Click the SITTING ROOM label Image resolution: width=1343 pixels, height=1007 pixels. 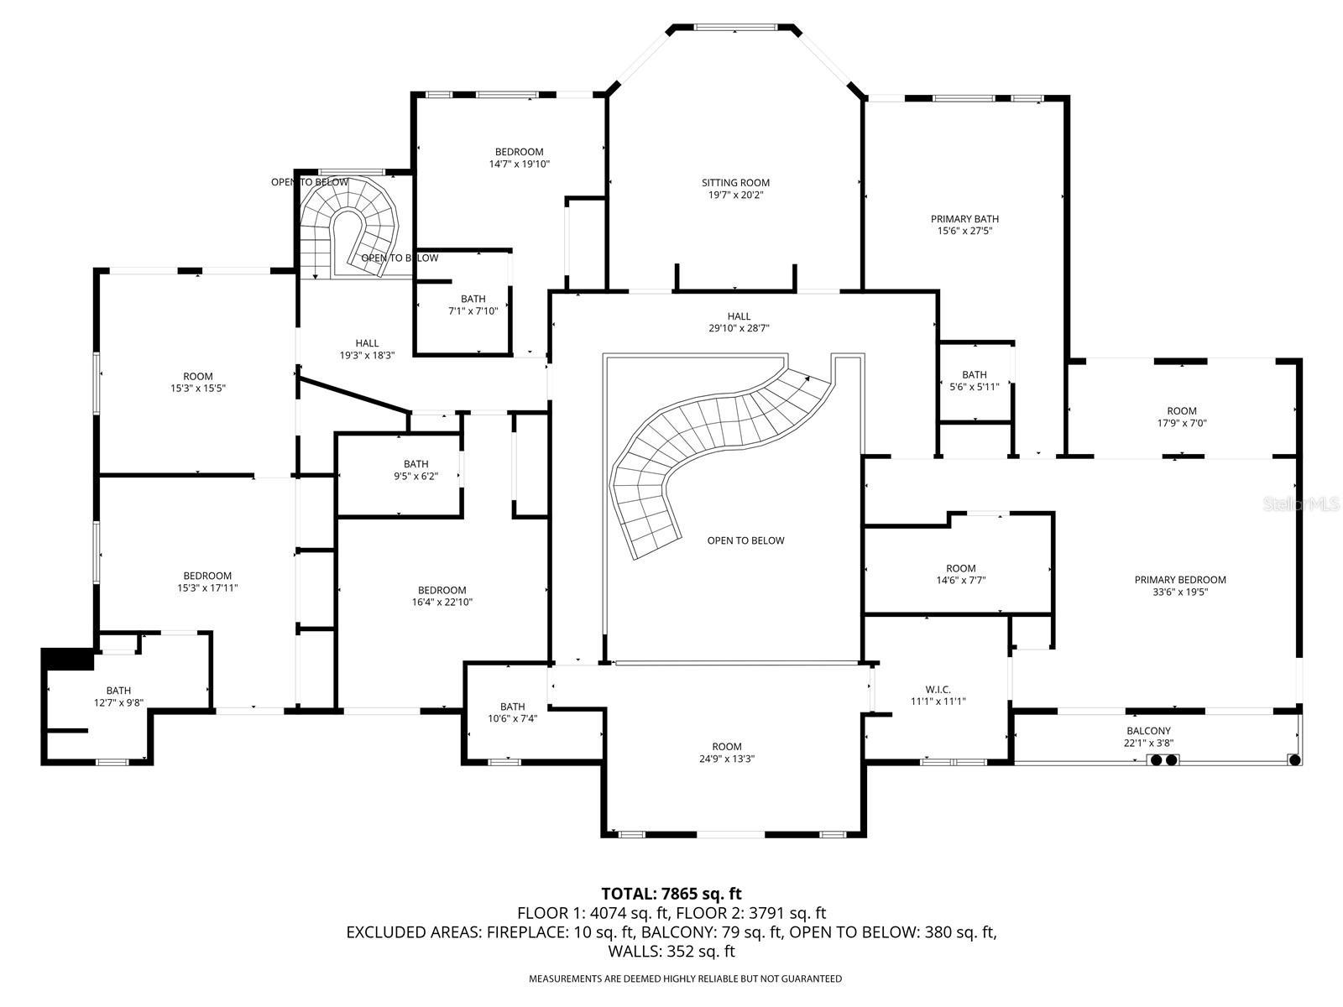click(x=734, y=183)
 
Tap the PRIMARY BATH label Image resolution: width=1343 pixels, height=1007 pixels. click(x=964, y=219)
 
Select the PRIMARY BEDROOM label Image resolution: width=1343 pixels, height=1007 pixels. click(x=1179, y=580)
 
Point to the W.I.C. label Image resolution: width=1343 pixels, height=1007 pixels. click(x=938, y=690)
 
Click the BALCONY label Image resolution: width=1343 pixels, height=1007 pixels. click(x=1148, y=731)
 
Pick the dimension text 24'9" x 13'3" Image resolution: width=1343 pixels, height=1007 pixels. click(x=726, y=759)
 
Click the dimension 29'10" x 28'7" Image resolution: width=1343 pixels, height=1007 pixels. click(x=739, y=328)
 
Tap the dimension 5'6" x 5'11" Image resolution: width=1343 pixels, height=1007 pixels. click(x=974, y=386)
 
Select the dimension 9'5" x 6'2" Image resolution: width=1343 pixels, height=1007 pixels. click(x=415, y=477)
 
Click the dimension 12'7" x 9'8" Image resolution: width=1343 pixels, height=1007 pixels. click(x=118, y=703)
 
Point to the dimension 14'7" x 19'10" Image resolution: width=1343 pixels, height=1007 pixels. click(x=519, y=164)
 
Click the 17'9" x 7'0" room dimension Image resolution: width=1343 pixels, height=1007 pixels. click(x=1182, y=423)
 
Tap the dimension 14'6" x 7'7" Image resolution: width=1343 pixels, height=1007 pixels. click(x=960, y=580)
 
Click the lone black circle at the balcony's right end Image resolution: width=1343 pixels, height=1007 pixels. click(x=1294, y=760)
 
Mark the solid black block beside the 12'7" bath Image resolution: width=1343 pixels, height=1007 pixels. click(x=67, y=659)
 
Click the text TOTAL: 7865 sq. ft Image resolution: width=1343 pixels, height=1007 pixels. click(x=671, y=894)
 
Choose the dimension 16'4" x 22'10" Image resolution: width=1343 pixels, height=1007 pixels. click(x=442, y=603)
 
